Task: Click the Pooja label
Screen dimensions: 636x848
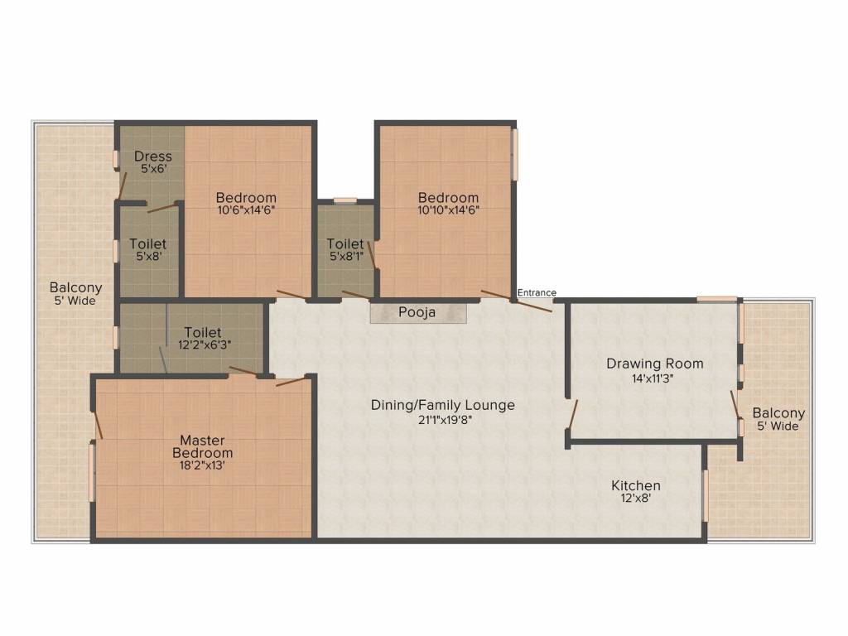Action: click(417, 312)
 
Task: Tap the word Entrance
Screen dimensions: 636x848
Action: click(537, 292)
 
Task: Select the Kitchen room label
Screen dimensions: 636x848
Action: click(635, 485)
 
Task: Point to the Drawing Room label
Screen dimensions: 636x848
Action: click(654, 364)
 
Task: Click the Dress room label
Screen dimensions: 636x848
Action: click(153, 156)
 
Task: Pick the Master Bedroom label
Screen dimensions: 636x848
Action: click(202, 446)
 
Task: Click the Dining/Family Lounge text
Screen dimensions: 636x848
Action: click(442, 405)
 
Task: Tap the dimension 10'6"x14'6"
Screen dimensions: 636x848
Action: click(245, 210)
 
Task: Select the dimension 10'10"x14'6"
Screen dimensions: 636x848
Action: click(448, 210)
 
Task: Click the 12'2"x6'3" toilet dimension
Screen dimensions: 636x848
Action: click(202, 344)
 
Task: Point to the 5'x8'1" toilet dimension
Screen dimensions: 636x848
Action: click(345, 255)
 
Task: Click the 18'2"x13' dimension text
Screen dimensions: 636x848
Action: click(202, 465)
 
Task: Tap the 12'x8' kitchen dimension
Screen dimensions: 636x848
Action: click(635, 499)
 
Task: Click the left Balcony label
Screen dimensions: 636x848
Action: click(75, 288)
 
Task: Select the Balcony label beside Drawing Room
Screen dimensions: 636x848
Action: click(778, 413)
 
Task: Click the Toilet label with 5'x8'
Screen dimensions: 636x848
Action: click(147, 244)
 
